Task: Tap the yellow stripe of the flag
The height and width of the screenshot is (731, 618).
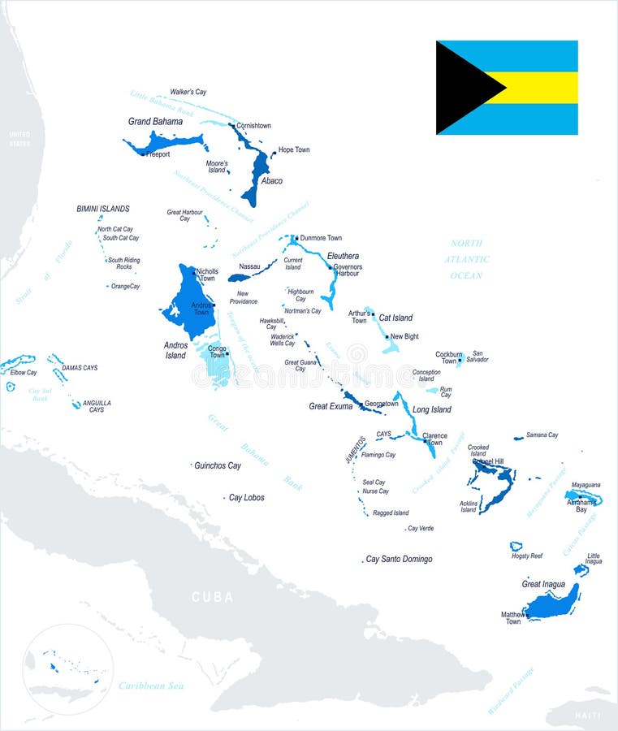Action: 540,88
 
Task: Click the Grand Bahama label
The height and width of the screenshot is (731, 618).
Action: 155,122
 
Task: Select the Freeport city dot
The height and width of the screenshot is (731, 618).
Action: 143,154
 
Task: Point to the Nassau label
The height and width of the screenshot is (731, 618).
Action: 249,266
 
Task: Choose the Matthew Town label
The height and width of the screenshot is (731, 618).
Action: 513,618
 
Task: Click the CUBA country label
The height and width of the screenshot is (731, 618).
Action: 212,597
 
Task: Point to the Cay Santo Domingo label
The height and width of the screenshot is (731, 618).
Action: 399,559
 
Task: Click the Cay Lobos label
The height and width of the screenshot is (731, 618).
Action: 246,497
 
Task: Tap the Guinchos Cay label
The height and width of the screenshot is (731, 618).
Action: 218,465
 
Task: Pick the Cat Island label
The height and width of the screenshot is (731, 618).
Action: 395,318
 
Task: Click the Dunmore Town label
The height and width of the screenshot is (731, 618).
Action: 321,238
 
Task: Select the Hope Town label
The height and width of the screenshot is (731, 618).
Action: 294,149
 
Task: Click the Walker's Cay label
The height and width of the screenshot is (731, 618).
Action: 188,92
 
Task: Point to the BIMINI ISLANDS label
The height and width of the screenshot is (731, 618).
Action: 103,209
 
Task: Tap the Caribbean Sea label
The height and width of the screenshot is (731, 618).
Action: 151,686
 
